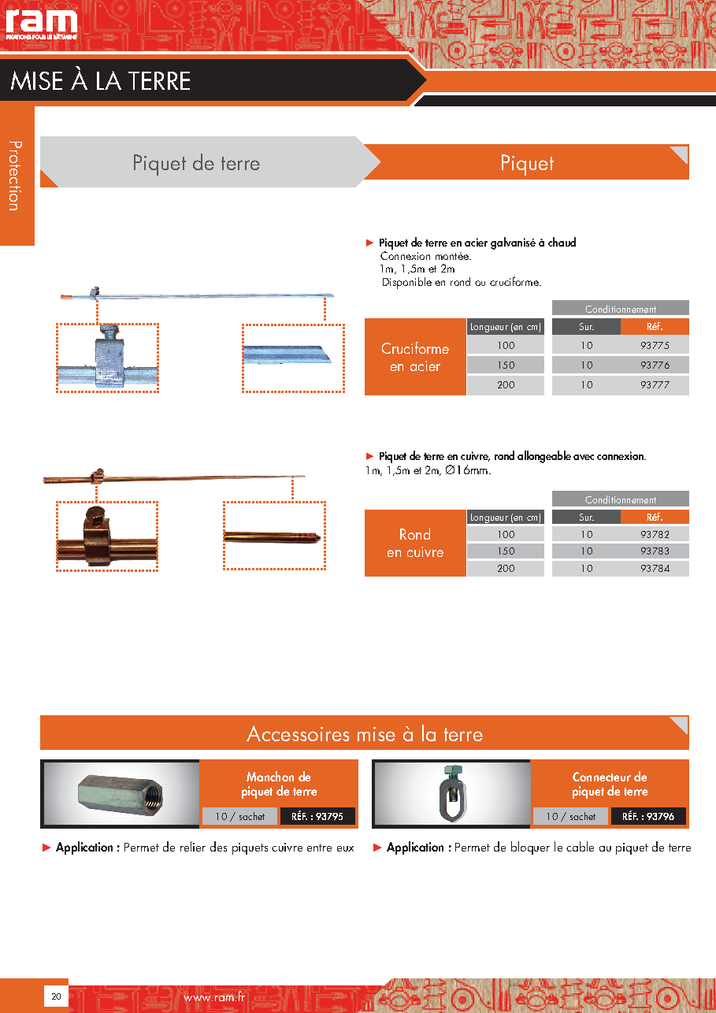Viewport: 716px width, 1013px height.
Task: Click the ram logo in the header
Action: pyautogui.click(x=41, y=23)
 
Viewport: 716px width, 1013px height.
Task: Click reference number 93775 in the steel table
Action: pyautogui.click(x=655, y=346)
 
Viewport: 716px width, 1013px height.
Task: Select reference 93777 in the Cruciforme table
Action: pyautogui.click(x=655, y=385)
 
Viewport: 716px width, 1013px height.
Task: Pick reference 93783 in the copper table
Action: pyautogui.click(x=655, y=551)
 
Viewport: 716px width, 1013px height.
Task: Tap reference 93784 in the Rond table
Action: pyautogui.click(x=655, y=568)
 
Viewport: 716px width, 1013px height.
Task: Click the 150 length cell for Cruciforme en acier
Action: pyautogui.click(x=506, y=365)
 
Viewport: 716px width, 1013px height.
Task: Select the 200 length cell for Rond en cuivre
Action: pyautogui.click(x=506, y=568)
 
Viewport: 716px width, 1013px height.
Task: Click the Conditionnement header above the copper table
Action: pyautogui.click(x=620, y=499)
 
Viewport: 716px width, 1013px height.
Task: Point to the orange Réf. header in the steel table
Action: pyautogui.click(x=655, y=327)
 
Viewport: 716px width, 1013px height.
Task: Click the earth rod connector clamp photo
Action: pyautogui.click(x=452, y=792)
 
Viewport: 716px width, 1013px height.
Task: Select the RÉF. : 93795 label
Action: pyautogui.click(x=317, y=816)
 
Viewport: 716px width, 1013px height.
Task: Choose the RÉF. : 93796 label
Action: pyautogui.click(x=648, y=816)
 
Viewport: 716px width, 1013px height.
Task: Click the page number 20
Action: pyautogui.click(x=56, y=996)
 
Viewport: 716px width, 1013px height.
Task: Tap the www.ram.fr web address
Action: pyautogui.click(x=214, y=996)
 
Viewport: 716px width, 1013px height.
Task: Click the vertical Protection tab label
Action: pyautogui.click(x=16, y=176)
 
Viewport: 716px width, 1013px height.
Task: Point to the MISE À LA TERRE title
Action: pyautogui.click(x=100, y=81)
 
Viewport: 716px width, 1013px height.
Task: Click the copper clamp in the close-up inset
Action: pyautogui.click(x=95, y=536)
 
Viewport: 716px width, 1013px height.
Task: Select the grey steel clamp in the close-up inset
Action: pyautogui.click(x=109, y=356)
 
